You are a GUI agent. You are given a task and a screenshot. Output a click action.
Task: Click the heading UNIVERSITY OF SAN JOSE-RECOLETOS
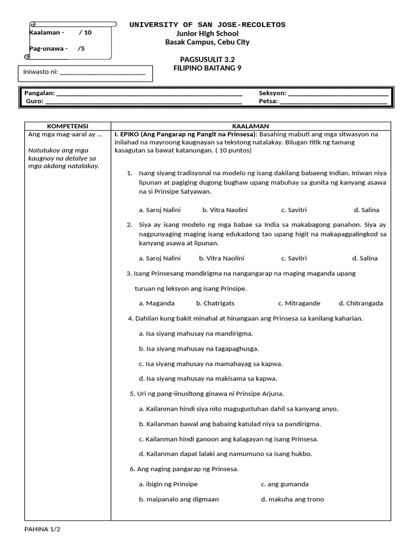point(207,25)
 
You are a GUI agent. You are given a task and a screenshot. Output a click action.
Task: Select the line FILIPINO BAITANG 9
point(207,68)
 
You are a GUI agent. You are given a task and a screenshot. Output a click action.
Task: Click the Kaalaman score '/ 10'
point(85,32)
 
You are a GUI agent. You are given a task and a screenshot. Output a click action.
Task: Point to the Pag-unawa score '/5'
point(81,48)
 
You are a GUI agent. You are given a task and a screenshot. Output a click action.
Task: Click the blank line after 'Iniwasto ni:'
point(102,72)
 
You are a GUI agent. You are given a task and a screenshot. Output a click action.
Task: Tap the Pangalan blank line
point(149,93)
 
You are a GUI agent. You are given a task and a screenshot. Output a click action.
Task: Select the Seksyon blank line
point(338,93)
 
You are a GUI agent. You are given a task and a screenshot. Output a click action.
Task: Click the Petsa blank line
point(333,101)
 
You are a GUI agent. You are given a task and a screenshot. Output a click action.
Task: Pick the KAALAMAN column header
point(250,126)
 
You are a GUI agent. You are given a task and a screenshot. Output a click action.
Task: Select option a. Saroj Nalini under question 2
point(159,258)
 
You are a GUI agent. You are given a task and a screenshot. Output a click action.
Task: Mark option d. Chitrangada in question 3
point(360,303)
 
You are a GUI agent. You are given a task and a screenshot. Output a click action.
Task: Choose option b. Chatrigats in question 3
point(215,303)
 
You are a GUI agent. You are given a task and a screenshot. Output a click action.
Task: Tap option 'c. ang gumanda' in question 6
point(284,484)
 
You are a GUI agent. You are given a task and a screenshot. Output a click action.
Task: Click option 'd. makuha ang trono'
point(292,499)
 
